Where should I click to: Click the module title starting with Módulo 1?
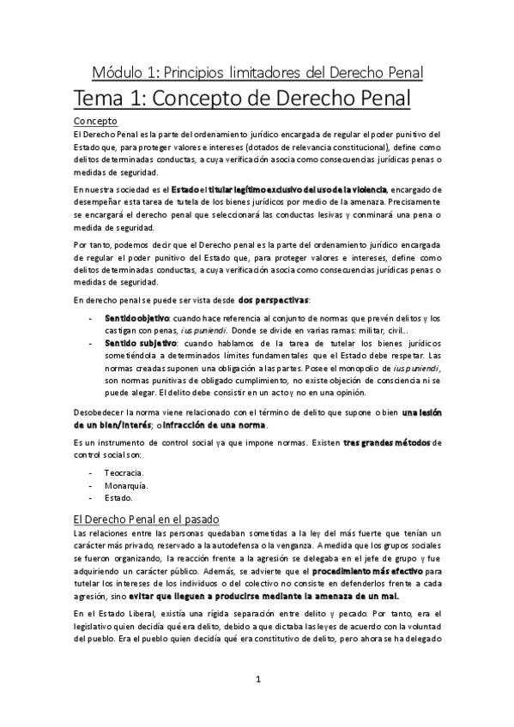(x=257, y=69)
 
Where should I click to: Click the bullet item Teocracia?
(x=124, y=472)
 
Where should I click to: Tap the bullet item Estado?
(x=118, y=497)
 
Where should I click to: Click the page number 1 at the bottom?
(x=257, y=680)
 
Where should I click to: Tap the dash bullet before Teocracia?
(x=93, y=472)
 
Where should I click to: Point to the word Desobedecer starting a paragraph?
(x=99, y=413)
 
